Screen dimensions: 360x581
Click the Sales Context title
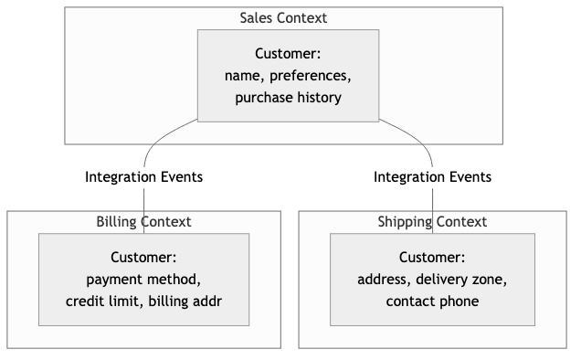click(x=282, y=17)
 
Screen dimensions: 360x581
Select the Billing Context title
click(x=143, y=222)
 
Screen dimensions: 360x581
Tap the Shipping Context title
click(x=432, y=222)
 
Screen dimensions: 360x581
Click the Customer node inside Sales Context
click(x=288, y=75)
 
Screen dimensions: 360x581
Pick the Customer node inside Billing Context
click(x=143, y=280)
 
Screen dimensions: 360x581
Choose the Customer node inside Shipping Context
click(x=432, y=280)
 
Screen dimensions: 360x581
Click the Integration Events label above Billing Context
click(x=143, y=176)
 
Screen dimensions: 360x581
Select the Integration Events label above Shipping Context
click(x=432, y=176)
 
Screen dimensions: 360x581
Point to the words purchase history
click(x=288, y=97)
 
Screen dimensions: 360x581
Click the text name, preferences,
click(x=288, y=75)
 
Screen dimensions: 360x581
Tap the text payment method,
click(x=143, y=280)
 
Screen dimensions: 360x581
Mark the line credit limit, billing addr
click(x=143, y=302)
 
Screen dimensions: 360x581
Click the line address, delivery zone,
click(x=432, y=280)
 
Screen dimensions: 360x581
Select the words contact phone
click(x=432, y=302)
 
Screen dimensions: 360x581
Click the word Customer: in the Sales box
click(x=288, y=53)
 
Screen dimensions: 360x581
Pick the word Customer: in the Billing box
click(x=143, y=258)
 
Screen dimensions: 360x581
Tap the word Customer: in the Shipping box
click(x=432, y=258)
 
